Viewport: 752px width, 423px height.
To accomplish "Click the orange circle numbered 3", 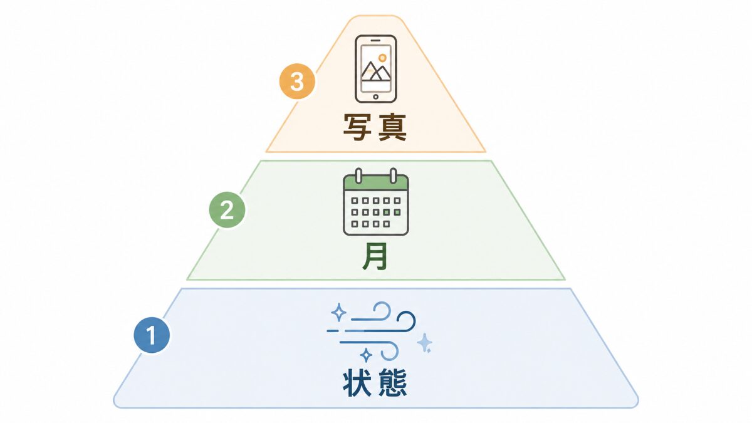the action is (x=297, y=81).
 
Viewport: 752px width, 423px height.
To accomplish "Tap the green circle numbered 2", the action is (x=227, y=210).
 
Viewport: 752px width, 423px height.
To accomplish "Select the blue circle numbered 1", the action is (x=152, y=335).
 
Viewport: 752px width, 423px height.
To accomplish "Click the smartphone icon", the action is (x=375, y=69).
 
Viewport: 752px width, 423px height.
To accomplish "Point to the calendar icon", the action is (x=375, y=202).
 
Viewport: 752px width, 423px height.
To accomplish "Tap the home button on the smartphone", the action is (x=375, y=97).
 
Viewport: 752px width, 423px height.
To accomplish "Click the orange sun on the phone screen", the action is (x=382, y=58).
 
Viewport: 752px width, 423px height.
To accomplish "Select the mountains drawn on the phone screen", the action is (x=376, y=71).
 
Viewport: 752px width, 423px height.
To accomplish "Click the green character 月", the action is (x=375, y=256).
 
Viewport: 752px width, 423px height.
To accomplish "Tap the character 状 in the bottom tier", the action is (x=357, y=383).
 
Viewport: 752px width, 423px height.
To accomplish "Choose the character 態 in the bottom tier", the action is (x=393, y=383).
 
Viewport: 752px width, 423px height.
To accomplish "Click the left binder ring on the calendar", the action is (x=358, y=175).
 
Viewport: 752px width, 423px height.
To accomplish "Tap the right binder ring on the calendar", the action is (x=393, y=175).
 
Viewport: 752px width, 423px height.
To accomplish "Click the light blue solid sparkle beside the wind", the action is (x=425, y=343).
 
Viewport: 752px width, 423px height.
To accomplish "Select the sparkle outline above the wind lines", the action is (x=338, y=312).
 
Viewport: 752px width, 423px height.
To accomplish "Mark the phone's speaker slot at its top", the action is (x=375, y=40).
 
